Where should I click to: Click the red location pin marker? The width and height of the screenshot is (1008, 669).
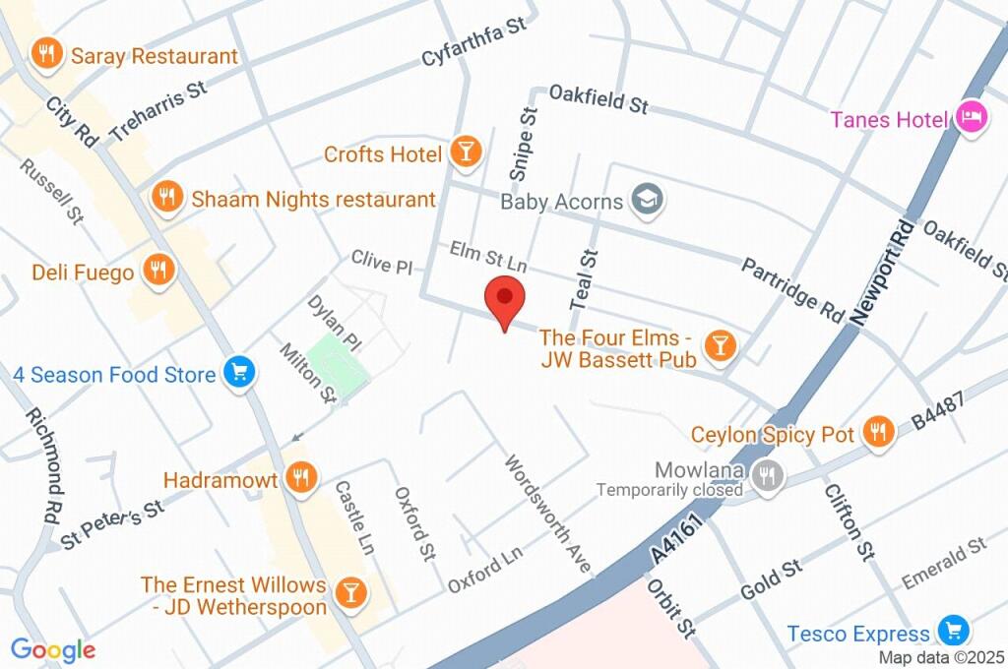click(x=505, y=298)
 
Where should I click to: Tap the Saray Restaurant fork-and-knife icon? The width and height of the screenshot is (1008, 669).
click(x=46, y=55)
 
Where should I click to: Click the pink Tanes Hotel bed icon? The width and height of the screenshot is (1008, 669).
click(x=972, y=118)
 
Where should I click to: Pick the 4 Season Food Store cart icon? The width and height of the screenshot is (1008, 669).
click(x=238, y=373)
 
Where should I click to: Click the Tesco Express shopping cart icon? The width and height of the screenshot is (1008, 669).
click(x=952, y=631)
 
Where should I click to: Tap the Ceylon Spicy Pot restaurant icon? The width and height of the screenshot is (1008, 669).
click(x=877, y=431)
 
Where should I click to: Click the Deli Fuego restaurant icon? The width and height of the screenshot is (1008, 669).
click(x=157, y=270)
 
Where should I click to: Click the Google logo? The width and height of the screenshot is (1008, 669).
click(x=53, y=649)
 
